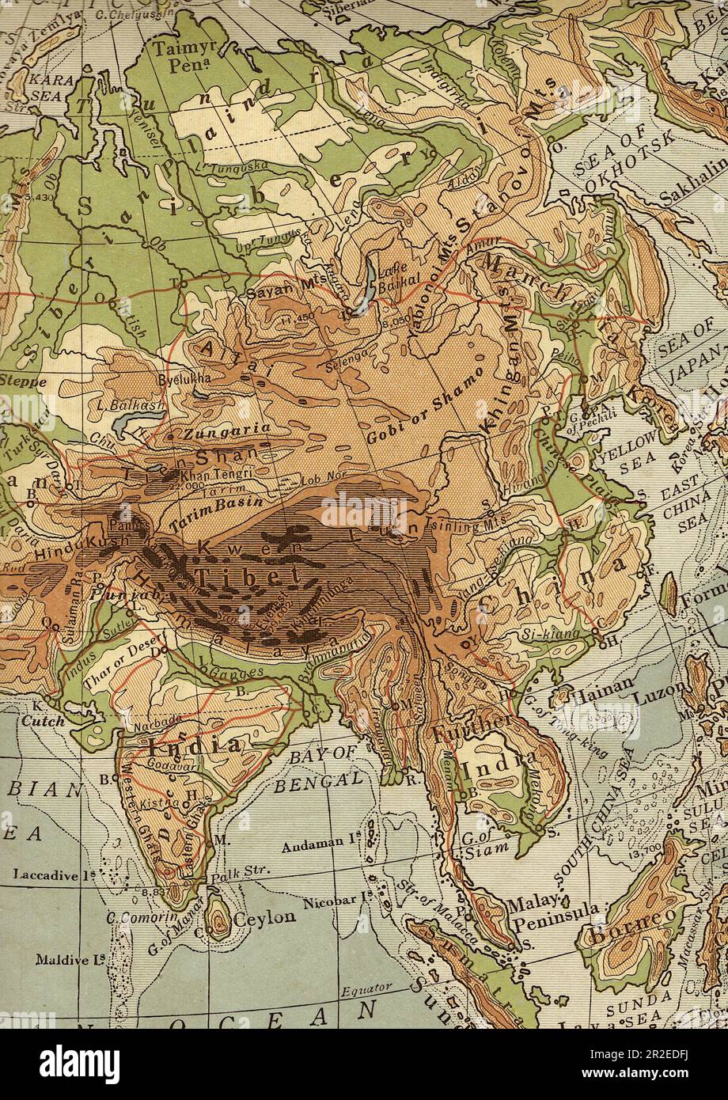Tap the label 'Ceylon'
pos(264,917)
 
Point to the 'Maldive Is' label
pos(70,960)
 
